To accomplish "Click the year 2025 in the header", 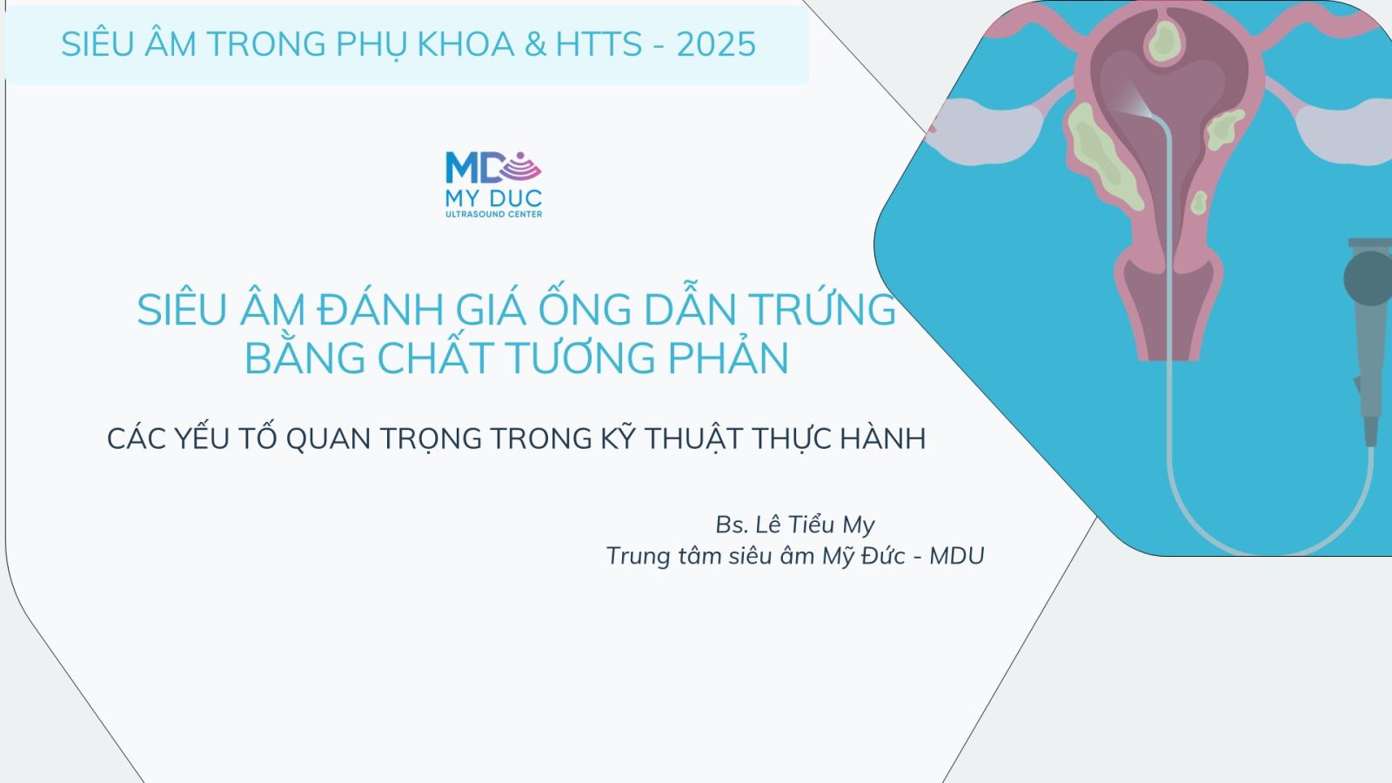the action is [716, 44].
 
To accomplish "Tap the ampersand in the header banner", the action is [534, 44].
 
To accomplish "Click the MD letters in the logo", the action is [473, 168].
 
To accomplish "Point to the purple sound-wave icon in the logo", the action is [522, 166].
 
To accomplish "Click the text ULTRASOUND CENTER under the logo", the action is [493, 214].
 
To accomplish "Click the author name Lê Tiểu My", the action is [814, 525].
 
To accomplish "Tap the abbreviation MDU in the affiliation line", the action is [957, 556].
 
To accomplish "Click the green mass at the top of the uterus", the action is [1164, 41].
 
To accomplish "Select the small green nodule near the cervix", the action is [1199, 203].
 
